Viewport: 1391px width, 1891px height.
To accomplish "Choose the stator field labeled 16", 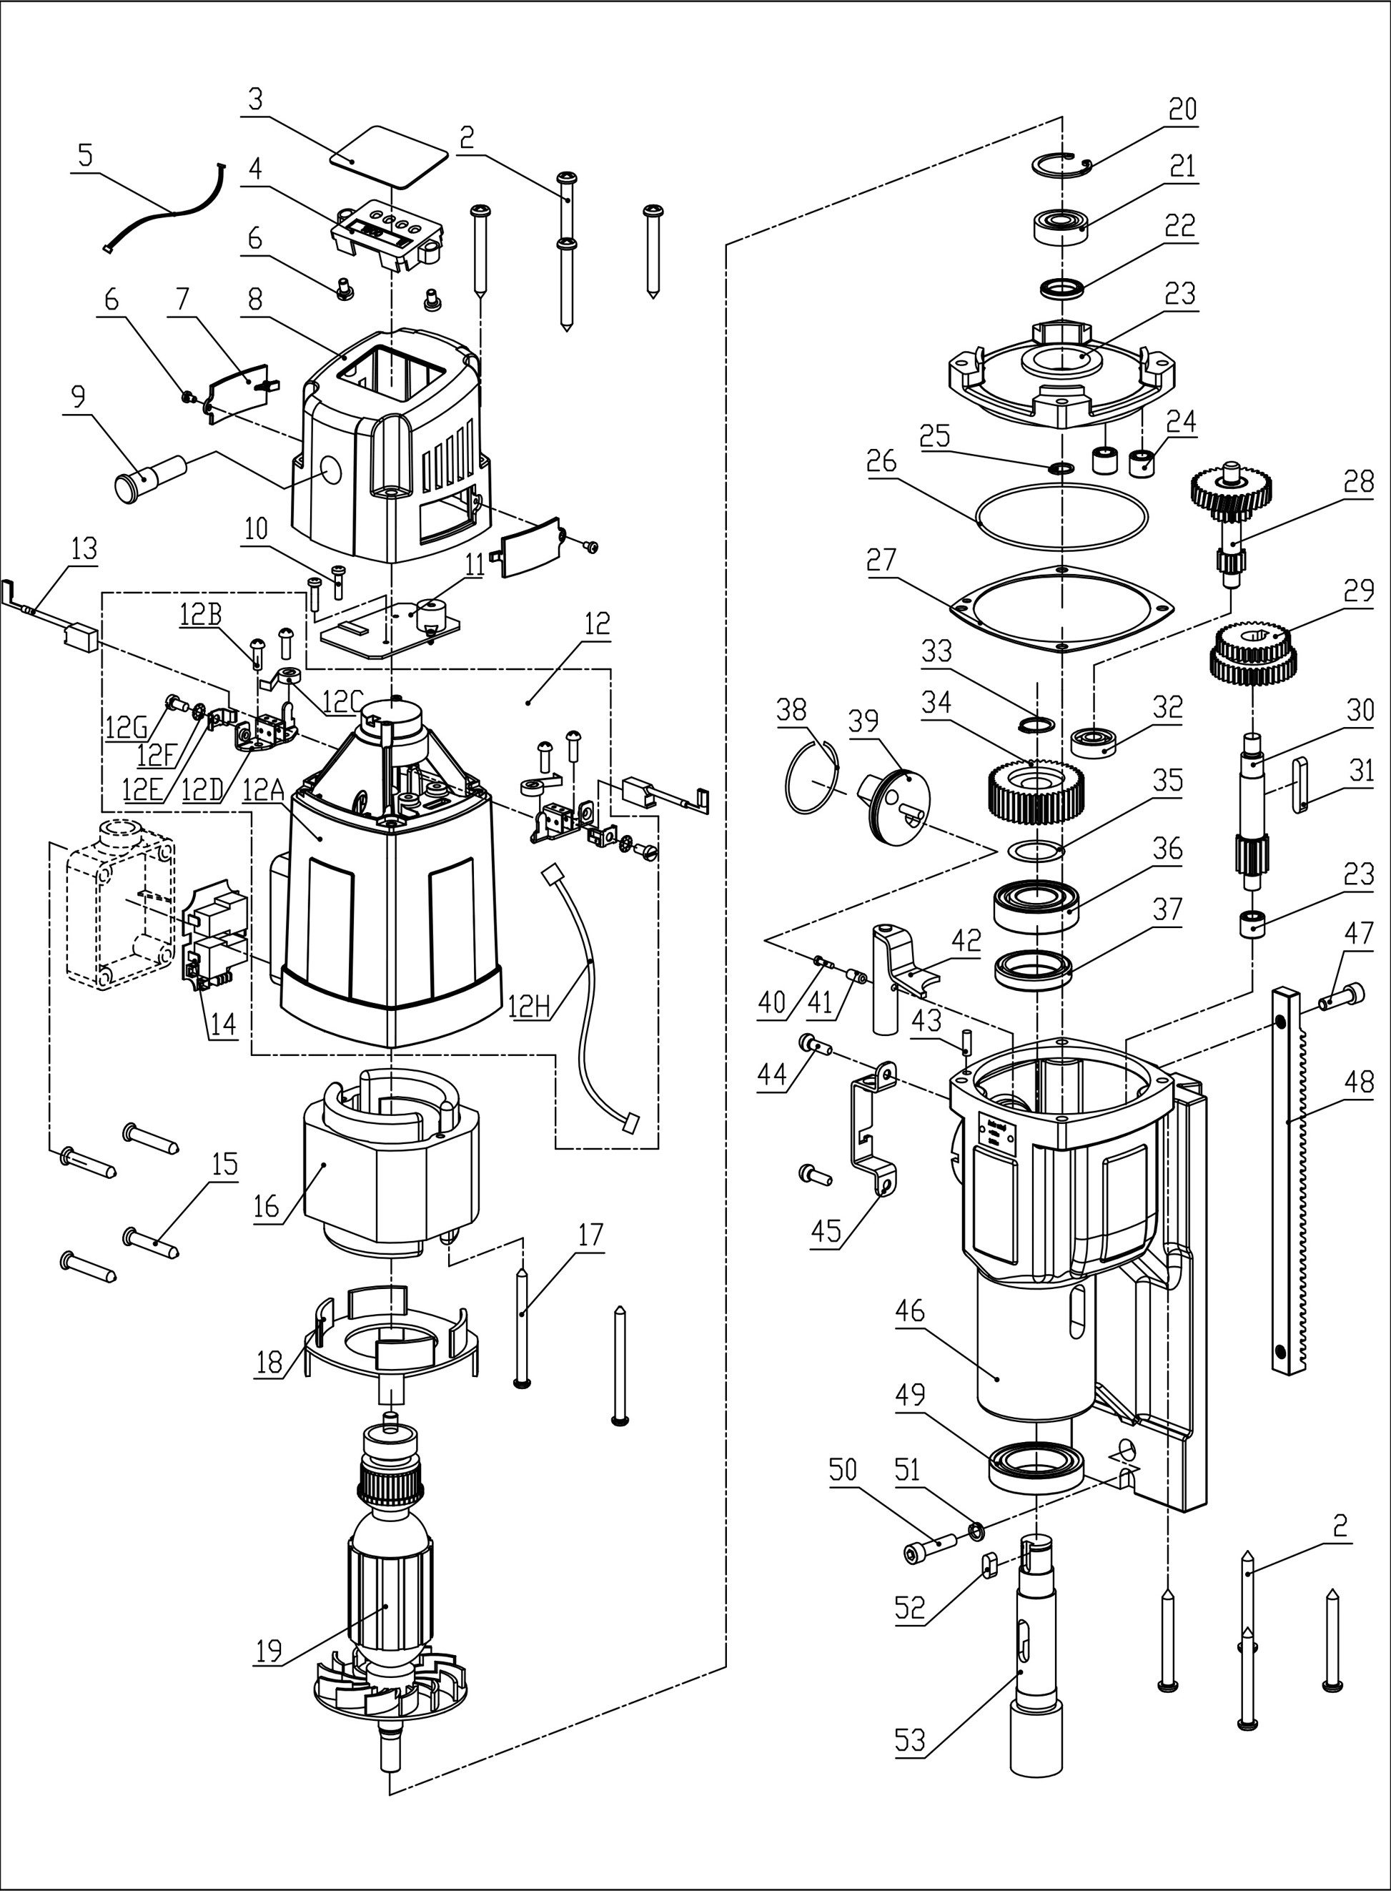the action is pyautogui.click(x=389, y=1162).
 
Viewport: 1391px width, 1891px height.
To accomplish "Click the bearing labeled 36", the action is pyautogui.click(x=1037, y=904).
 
